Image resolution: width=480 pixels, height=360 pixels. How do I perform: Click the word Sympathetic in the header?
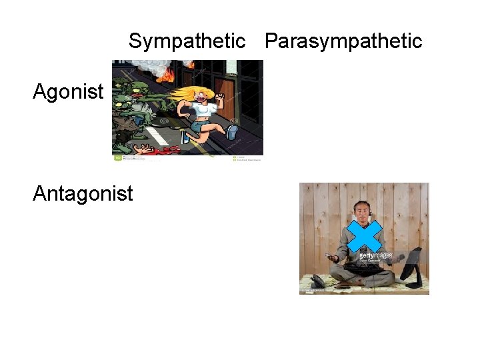pos(187,41)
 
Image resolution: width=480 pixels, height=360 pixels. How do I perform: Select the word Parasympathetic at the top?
pos(343,41)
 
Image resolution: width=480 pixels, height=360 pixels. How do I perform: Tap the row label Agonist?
pos(68,91)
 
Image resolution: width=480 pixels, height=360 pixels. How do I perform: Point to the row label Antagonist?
pos(83,194)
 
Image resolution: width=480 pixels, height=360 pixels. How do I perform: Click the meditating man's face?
pos(362,212)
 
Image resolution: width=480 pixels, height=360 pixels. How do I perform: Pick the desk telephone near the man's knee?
pos(320,280)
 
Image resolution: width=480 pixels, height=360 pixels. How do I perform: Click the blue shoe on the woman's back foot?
pos(232,131)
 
